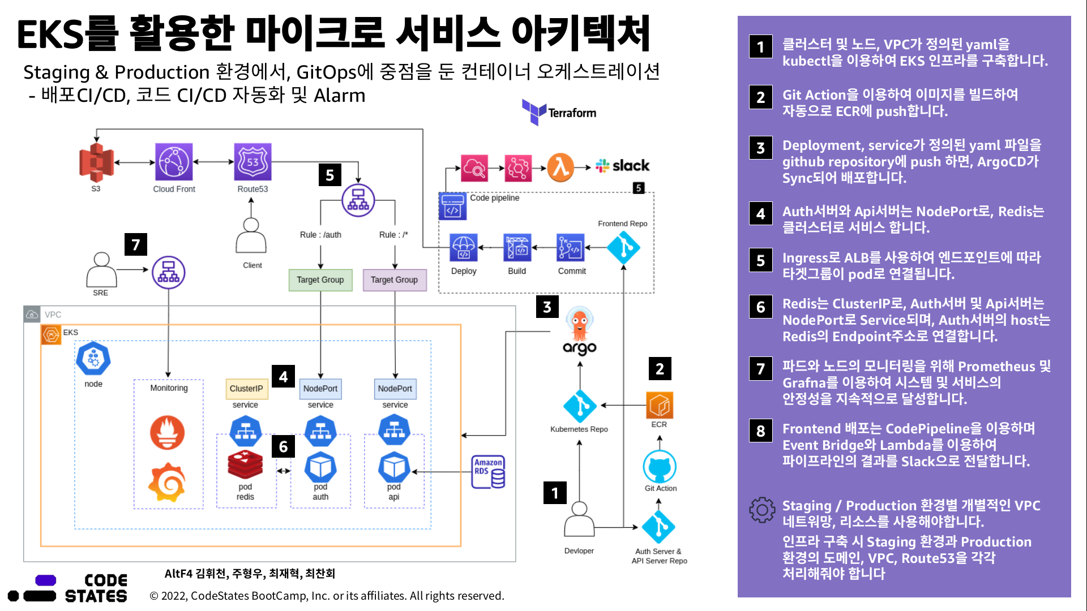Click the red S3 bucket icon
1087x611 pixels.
tap(96, 162)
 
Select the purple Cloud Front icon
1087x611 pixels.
tap(174, 161)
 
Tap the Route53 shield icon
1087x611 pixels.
tap(253, 161)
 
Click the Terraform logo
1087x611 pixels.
tap(559, 112)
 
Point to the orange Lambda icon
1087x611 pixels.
tap(560, 167)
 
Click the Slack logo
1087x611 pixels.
tap(622, 166)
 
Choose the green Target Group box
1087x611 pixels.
tap(320, 280)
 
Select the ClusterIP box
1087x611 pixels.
tap(246, 389)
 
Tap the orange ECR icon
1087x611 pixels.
tap(660, 405)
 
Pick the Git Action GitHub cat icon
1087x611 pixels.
tap(660, 467)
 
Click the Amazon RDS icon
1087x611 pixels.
tap(488, 472)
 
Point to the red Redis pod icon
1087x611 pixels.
tap(245, 465)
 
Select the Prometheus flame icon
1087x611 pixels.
tap(167, 432)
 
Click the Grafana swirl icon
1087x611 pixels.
tap(167, 482)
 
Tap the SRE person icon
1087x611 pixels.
tap(101, 270)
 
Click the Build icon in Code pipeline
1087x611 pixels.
tap(517, 248)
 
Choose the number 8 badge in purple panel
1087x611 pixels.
tap(760, 431)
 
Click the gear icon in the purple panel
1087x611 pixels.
tap(762, 510)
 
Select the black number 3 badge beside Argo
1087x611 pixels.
tap(547, 307)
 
